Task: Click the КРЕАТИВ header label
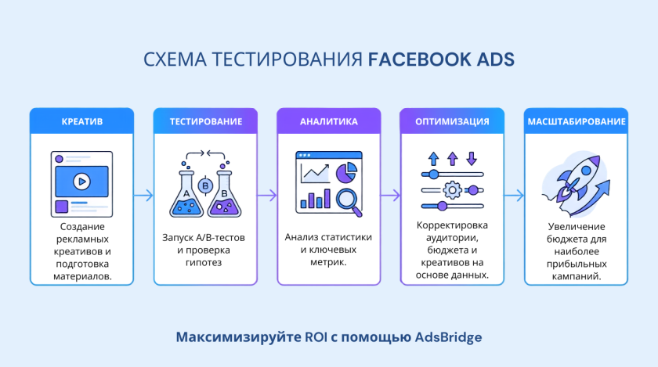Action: click(81, 121)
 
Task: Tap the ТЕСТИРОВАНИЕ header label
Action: click(205, 121)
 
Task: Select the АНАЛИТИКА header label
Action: click(328, 121)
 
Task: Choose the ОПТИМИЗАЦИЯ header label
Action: click(452, 121)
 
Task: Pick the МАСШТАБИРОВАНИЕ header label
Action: click(577, 121)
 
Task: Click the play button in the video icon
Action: click(81, 182)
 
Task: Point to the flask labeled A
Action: click(186, 194)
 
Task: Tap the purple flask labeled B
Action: click(225, 194)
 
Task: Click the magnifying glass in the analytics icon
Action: click(349, 202)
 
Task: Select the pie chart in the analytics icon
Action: click(346, 173)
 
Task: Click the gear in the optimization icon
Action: click(452, 190)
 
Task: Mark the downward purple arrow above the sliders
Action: click(472, 159)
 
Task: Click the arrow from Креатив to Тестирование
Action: click(143, 196)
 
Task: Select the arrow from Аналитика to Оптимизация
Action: click(390, 196)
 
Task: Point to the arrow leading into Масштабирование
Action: click(514, 196)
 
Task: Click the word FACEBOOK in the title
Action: click(420, 59)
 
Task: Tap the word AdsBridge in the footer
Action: click(448, 337)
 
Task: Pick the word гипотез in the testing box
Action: click(204, 263)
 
